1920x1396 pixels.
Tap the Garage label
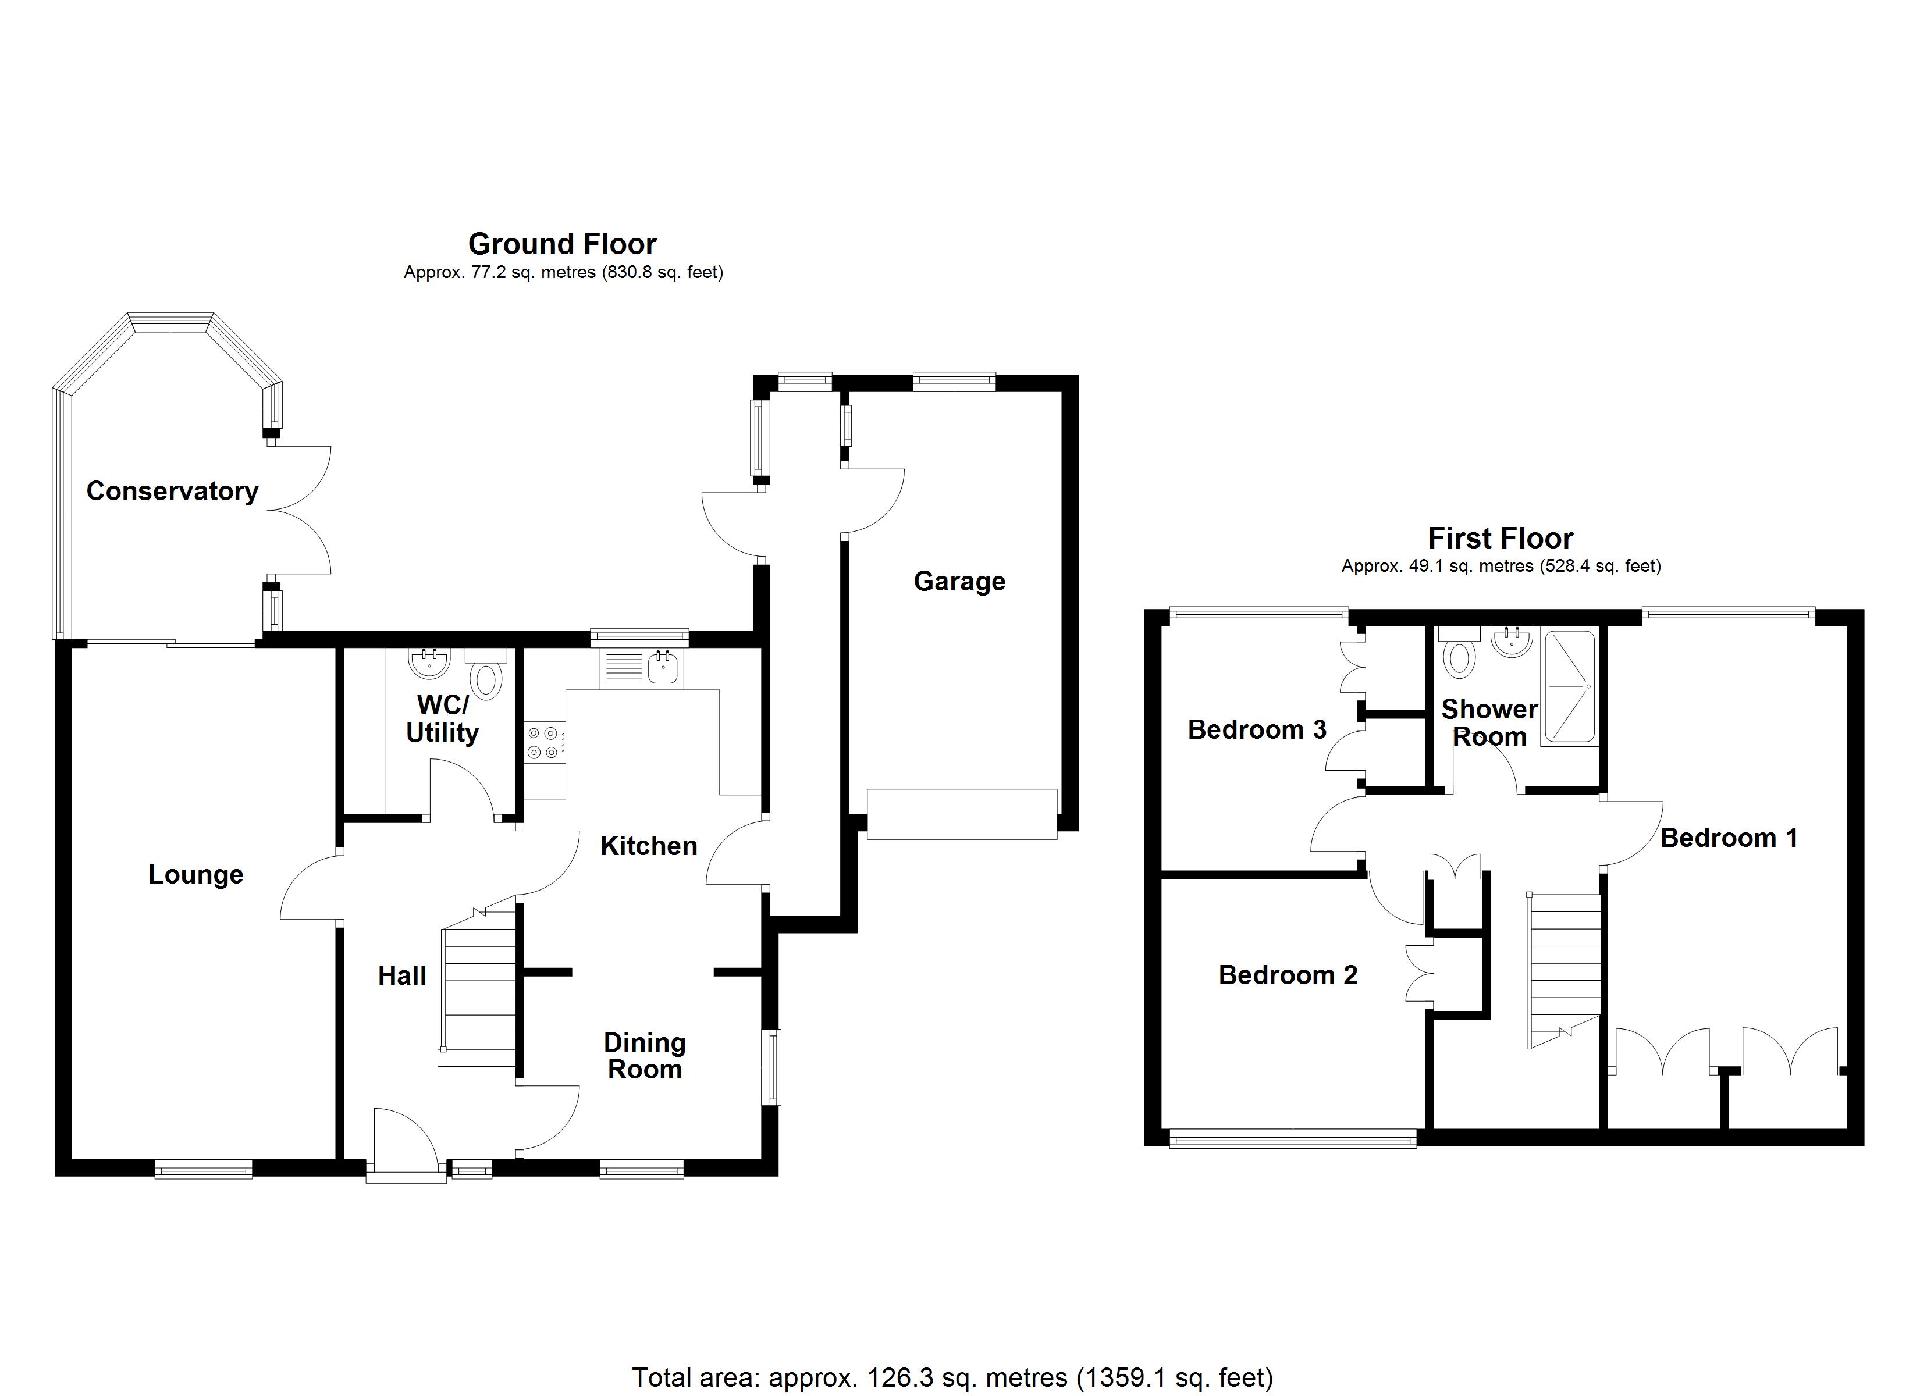point(959,582)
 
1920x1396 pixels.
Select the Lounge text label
point(195,874)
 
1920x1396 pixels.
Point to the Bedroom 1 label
point(1729,838)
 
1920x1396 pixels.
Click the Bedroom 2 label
point(1288,975)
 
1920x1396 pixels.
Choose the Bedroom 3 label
point(1257,730)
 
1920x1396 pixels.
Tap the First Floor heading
point(1501,539)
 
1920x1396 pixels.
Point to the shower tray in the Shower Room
point(1570,688)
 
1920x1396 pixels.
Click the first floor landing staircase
point(1563,971)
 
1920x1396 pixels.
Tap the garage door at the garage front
point(962,814)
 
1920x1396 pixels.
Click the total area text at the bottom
point(952,1377)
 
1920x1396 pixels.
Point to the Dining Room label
point(645,1056)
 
